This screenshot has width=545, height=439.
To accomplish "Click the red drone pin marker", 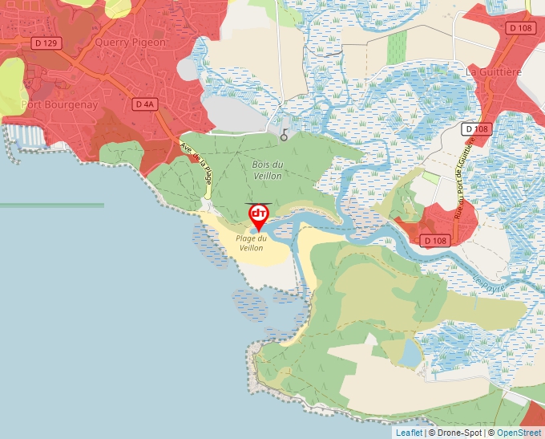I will [259, 215].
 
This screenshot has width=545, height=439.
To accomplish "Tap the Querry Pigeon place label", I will [130, 42].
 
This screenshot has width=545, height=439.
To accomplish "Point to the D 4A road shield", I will [144, 104].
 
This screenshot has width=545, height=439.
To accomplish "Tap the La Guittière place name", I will [494, 71].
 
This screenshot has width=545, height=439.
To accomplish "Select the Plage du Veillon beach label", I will [251, 242].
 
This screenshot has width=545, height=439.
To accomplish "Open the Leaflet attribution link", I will [409, 433].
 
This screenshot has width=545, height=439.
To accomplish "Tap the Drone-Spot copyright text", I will [458, 433].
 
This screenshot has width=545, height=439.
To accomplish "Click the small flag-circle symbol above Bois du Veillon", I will [284, 136].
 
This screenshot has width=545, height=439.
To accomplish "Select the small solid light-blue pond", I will [410, 352].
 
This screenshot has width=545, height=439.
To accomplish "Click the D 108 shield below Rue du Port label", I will [435, 241].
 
